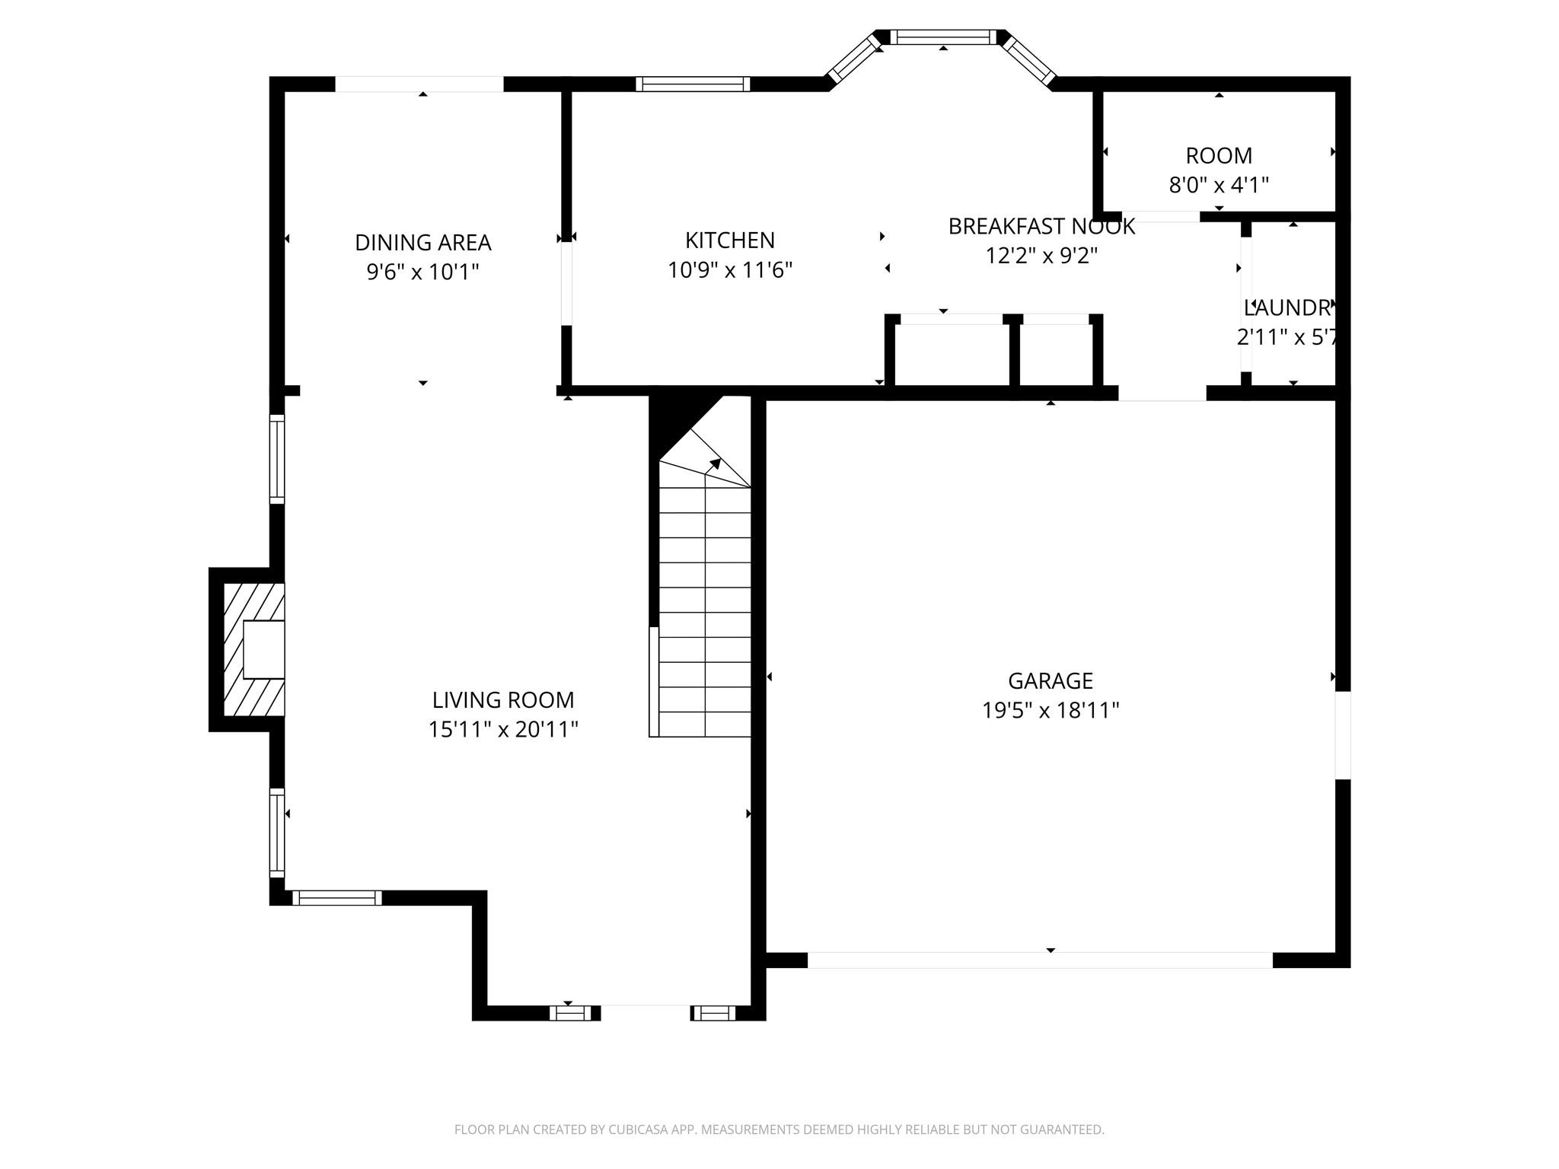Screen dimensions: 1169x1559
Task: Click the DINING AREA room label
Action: coord(422,243)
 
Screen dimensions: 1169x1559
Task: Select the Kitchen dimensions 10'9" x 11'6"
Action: coord(730,270)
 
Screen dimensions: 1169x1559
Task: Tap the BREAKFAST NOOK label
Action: coord(1041,226)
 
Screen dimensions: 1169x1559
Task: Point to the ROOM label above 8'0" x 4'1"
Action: coord(1218,155)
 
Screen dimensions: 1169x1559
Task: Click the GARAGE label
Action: coord(1050,680)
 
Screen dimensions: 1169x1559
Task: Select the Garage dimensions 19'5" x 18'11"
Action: coord(1050,710)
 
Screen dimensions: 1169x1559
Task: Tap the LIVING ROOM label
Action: coord(502,699)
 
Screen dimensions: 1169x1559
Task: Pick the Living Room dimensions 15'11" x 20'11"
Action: coord(502,729)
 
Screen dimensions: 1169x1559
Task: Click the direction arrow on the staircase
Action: coord(714,464)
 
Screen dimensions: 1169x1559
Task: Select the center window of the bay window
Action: coord(942,37)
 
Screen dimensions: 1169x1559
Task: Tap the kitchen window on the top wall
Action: coord(693,84)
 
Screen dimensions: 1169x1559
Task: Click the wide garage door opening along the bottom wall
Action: coord(1039,960)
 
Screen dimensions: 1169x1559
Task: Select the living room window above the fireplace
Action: coord(277,459)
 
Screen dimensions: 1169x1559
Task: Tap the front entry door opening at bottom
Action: coord(646,1012)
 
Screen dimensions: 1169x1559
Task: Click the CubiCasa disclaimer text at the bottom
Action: coord(779,1129)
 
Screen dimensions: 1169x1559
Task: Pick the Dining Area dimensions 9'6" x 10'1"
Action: coord(422,272)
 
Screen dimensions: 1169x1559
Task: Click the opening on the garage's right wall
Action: coord(1343,735)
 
